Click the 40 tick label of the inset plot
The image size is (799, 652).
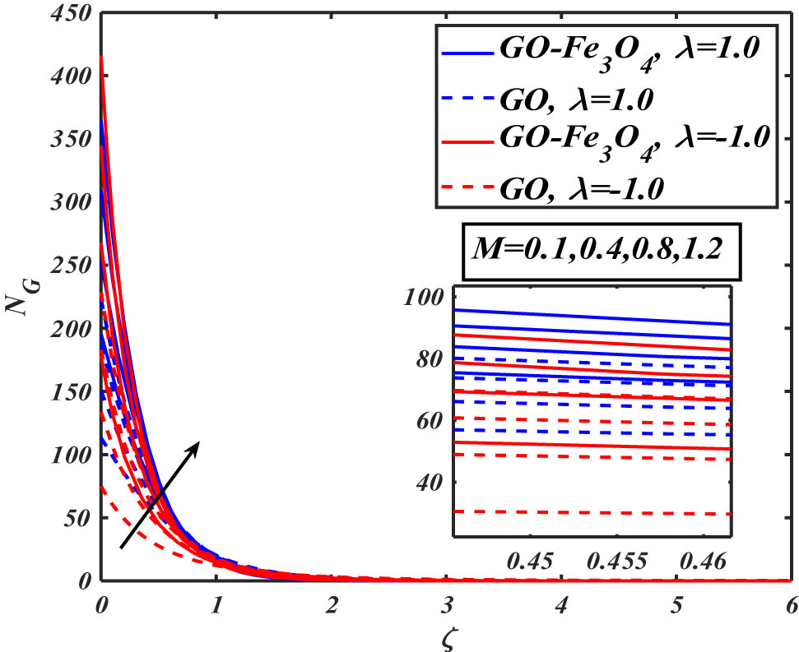click(x=430, y=483)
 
